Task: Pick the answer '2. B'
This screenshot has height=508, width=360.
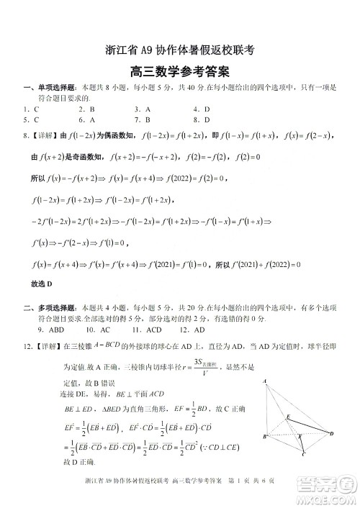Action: [x=86, y=109]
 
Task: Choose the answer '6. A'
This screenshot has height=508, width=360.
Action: [x=86, y=119]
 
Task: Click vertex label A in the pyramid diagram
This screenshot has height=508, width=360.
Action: [x=265, y=381]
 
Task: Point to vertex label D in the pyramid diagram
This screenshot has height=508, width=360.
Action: [x=332, y=433]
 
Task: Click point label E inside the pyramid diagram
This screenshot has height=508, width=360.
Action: [x=287, y=416]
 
